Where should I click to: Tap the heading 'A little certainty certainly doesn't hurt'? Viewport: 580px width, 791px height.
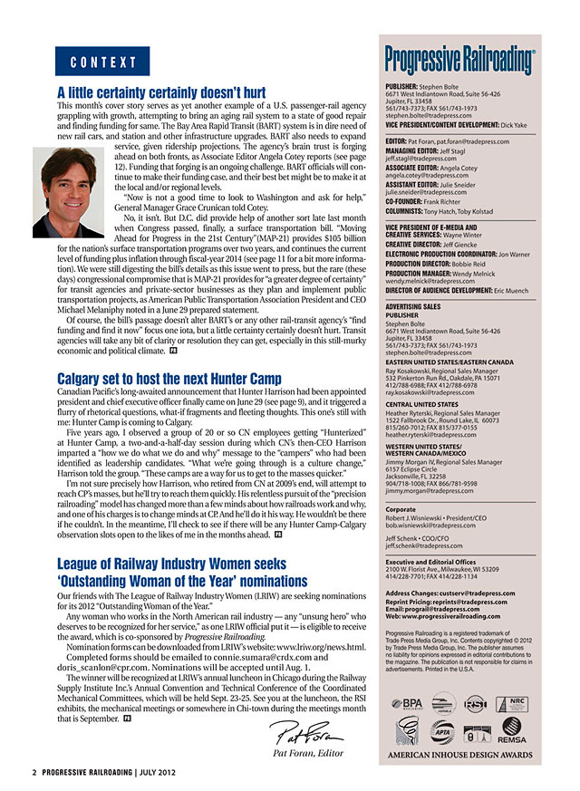click(161, 92)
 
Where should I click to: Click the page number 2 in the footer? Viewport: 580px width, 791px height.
click(34, 773)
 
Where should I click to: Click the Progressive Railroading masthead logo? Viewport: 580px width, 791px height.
click(459, 61)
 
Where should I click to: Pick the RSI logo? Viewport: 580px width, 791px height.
click(476, 677)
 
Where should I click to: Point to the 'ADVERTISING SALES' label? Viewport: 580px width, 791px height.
click(413, 305)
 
